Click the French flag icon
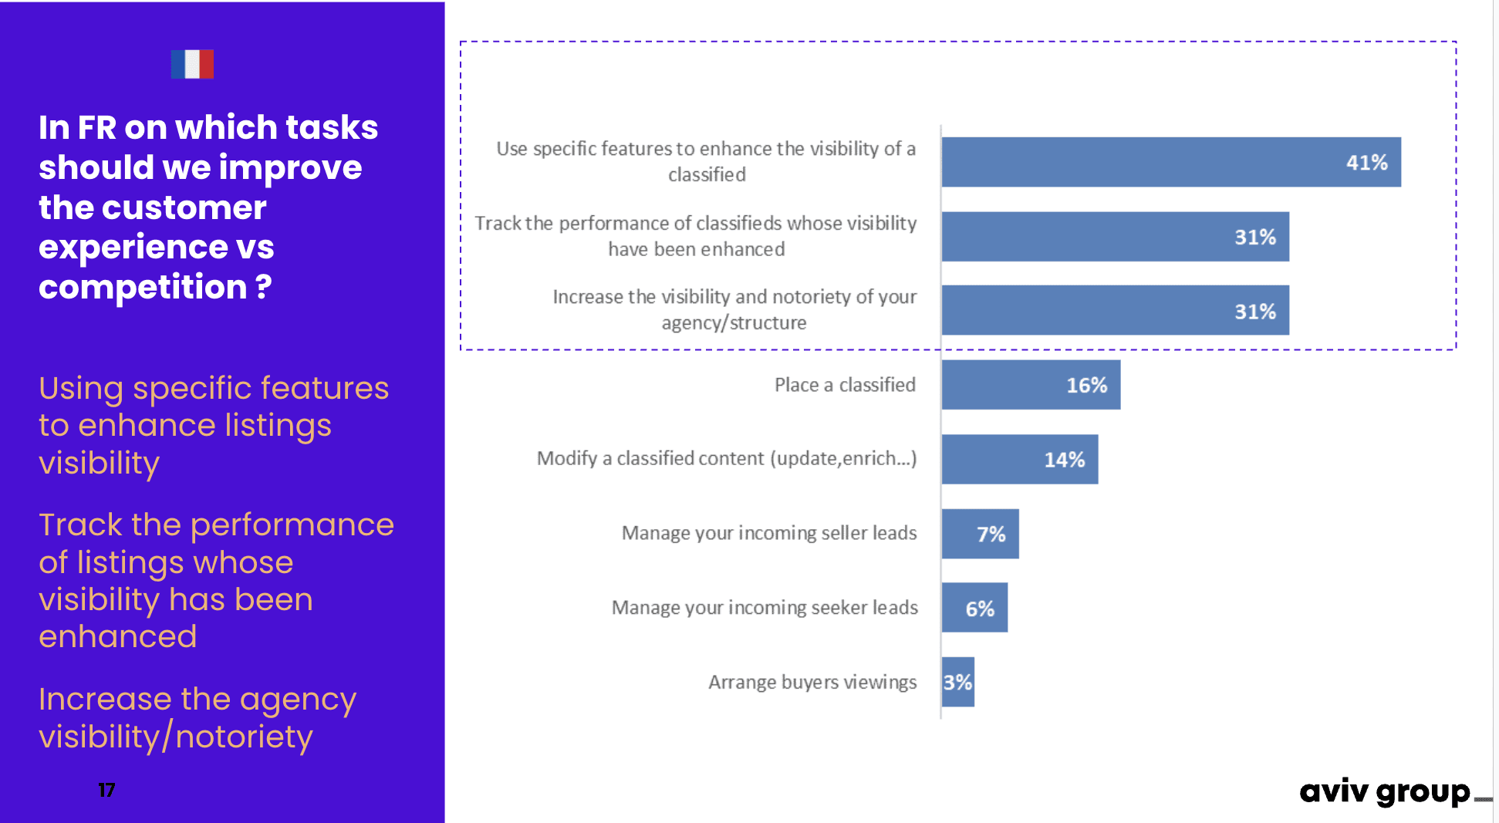click(192, 64)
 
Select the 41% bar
click(1170, 162)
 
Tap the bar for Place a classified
click(1030, 385)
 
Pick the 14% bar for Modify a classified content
click(1019, 460)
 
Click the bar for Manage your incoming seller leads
click(980, 534)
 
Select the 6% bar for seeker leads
click(974, 608)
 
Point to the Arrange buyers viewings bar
click(958, 682)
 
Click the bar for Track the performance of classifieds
click(1115, 237)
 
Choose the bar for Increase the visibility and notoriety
click(1115, 311)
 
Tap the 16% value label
click(1086, 385)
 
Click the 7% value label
click(991, 534)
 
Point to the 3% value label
click(957, 682)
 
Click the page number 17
click(106, 790)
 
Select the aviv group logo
click(1386, 792)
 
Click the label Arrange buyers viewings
click(812, 682)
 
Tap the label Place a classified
click(845, 385)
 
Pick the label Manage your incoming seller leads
click(769, 533)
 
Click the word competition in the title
click(143, 288)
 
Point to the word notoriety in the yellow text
click(244, 737)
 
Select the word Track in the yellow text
click(80, 525)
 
